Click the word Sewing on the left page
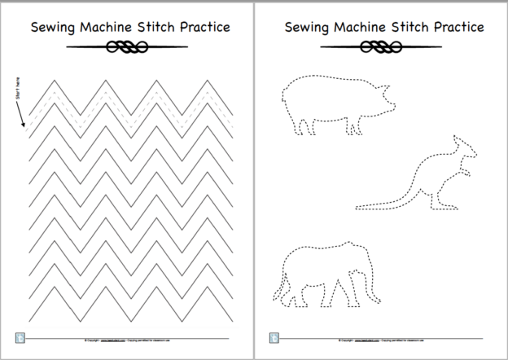coord(50,26)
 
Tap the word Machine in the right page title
coord(353,26)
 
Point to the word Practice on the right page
coord(450,26)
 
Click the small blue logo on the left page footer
coord(19,336)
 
